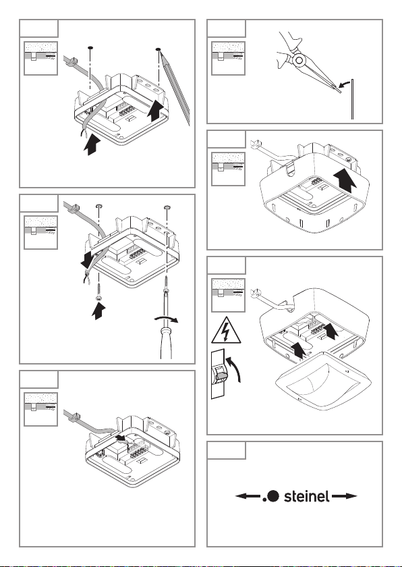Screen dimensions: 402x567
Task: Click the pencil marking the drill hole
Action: click(174, 87)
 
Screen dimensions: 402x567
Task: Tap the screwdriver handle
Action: click(166, 342)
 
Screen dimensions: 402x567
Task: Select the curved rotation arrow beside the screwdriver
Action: click(166, 318)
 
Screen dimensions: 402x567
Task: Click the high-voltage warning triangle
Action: click(226, 330)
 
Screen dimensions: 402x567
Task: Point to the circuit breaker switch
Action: click(218, 374)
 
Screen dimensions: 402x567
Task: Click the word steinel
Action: click(306, 496)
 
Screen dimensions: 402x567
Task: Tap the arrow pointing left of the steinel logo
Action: click(248, 495)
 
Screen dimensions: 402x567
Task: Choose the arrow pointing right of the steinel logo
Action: click(344, 495)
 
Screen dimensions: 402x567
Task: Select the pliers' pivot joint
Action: click(299, 60)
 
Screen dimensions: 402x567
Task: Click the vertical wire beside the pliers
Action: click(352, 99)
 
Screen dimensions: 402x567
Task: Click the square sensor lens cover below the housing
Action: click(324, 381)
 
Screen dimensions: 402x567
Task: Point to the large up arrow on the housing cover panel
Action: click(345, 182)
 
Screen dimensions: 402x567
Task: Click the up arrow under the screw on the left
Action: click(98, 310)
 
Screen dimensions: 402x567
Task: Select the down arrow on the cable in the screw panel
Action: click(88, 259)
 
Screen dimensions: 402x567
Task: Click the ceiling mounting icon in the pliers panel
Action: click(228, 58)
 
